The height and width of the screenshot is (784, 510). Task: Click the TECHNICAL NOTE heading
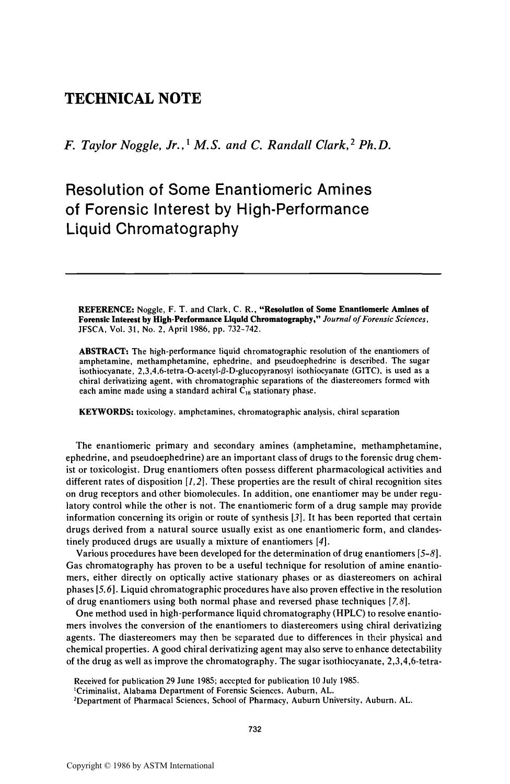coord(133,98)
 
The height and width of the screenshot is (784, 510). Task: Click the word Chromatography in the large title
coord(178,228)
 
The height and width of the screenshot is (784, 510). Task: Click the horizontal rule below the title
coord(253,273)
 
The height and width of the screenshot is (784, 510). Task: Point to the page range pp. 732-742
coord(229,329)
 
